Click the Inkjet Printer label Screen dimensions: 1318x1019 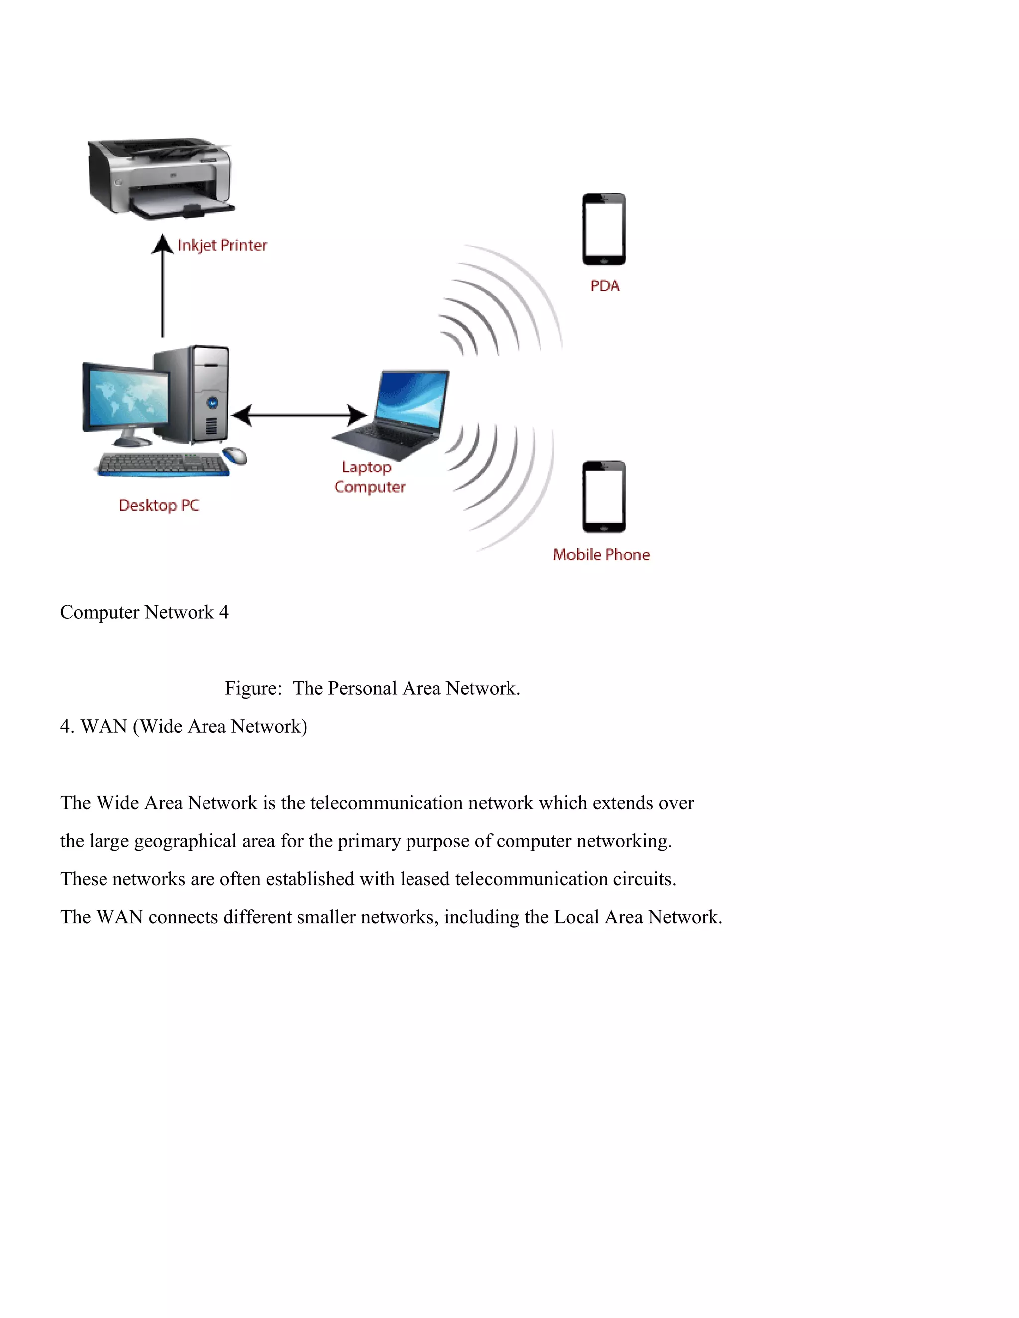tap(221, 246)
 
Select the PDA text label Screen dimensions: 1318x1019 tap(604, 286)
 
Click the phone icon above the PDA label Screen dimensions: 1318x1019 tap(604, 229)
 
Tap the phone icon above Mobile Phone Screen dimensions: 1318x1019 tap(604, 497)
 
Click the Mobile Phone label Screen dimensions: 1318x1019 tap(601, 555)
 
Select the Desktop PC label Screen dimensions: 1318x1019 tap(158, 506)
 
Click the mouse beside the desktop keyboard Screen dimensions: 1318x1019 tap(235, 456)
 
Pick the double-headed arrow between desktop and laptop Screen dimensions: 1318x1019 tap(299, 415)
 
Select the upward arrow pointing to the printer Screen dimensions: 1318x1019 tap(162, 286)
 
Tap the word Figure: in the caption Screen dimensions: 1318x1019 tap(253, 688)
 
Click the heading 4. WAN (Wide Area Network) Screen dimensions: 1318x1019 tap(184, 727)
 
